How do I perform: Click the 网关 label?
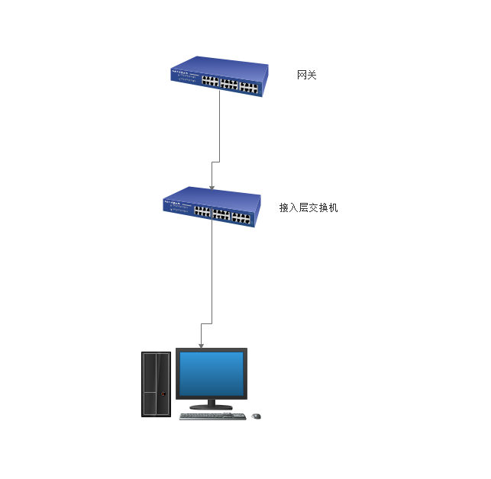306,75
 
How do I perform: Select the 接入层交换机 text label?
308,207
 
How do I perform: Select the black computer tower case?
156,384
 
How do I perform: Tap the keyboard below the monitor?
212,416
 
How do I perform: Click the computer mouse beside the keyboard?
256,416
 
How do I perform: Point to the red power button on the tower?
161,394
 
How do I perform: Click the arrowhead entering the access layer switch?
212,185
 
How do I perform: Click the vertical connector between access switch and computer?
212,275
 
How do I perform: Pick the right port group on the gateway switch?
248,86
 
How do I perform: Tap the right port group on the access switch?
241,217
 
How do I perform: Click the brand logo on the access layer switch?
173,204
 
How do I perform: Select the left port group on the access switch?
202,211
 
